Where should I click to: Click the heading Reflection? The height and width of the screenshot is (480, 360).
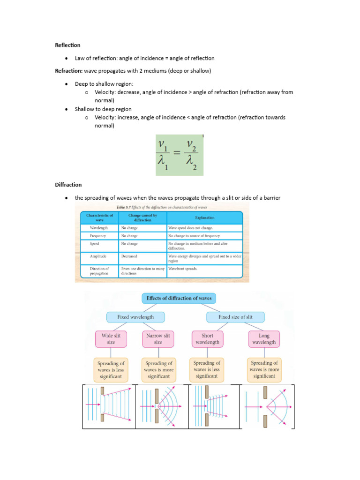coord(68,45)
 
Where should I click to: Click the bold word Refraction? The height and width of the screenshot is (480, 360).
coord(69,71)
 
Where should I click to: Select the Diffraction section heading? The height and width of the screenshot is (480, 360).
coord(68,185)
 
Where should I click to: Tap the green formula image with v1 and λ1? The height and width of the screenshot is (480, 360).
coord(180,155)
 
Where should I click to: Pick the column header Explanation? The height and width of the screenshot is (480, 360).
coord(205,217)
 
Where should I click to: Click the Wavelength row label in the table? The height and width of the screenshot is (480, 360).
coord(99,228)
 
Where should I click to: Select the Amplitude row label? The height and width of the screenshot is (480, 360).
coord(98,256)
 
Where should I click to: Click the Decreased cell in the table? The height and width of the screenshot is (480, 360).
coord(129,256)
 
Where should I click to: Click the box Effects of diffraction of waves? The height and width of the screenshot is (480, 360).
coord(179,298)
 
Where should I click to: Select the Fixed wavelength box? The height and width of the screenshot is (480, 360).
coord(135,317)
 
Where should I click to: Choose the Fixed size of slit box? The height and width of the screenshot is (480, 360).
coord(235,317)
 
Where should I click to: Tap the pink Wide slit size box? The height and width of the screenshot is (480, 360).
coord(111,339)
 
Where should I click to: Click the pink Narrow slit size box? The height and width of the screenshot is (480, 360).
coord(158,339)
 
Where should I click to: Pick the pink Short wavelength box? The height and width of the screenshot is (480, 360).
coord(207,339)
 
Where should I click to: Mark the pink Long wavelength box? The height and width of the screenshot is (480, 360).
coord(264,339)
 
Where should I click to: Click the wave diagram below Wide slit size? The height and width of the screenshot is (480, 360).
coord(109,406)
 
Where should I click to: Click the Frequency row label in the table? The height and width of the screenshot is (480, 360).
coord(98,236)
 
